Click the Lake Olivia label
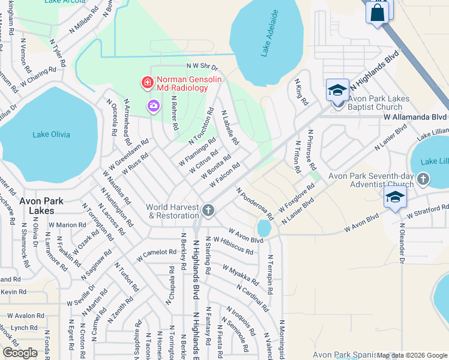point(51,134)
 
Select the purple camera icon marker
point(154,106)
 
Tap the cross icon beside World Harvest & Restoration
point(208,210)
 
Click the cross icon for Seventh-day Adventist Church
point(423,179)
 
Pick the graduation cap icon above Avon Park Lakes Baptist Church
point(337,90)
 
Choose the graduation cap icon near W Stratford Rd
point(394,199)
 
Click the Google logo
point(20,353)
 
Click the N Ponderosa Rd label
point(255,203)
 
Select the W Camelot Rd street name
point(156,255)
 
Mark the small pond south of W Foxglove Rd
point(264,228)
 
